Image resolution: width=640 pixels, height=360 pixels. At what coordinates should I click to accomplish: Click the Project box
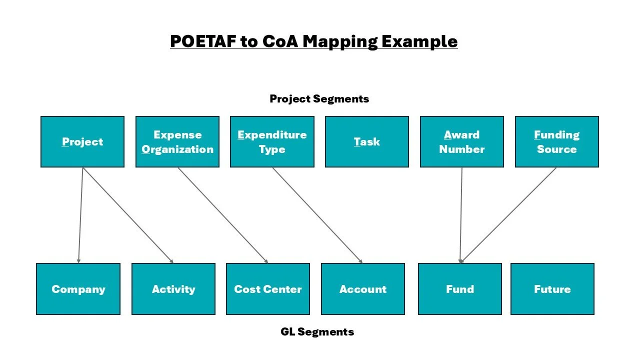(82, 141)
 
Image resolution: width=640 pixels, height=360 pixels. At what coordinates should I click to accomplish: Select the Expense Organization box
(177, 141)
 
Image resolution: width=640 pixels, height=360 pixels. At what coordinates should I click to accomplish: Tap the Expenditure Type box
(272, 141)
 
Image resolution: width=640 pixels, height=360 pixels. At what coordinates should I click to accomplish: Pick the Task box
(367, 141)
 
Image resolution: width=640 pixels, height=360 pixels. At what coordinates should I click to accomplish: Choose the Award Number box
(461, 141)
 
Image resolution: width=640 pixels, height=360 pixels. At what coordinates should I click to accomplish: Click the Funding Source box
(556, 141)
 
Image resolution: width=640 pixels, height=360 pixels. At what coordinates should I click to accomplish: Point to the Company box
(78, 289)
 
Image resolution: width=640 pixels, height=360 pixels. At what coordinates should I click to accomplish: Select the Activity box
(173, 289)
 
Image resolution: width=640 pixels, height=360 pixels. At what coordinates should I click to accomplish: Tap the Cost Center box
(268, 289)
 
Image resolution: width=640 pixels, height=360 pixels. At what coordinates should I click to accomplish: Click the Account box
(363, 289)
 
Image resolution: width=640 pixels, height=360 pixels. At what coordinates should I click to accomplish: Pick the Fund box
(459, 289)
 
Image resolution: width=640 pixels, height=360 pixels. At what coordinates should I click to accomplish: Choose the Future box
(552, 289)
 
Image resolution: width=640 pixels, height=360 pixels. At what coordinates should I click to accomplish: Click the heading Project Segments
(319, 98)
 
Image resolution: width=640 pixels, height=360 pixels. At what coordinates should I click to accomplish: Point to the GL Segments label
(317, 331)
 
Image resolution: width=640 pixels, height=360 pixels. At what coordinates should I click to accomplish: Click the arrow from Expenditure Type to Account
(317, 215)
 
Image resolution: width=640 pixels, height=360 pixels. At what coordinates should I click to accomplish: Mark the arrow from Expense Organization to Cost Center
(223, 215)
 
